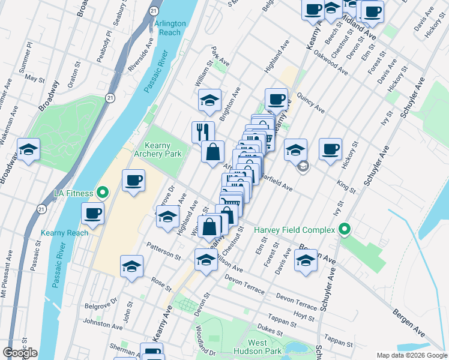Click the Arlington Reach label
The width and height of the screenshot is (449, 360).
170,28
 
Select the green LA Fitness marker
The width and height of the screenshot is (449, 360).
102,193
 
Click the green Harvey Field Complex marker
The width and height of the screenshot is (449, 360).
344,229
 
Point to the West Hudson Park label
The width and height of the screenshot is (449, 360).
265,347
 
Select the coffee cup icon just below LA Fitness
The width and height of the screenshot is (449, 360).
93,214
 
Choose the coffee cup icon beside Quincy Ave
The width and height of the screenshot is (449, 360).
276,99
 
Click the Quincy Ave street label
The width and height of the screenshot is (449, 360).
310,102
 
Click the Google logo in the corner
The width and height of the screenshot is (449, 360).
20,353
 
